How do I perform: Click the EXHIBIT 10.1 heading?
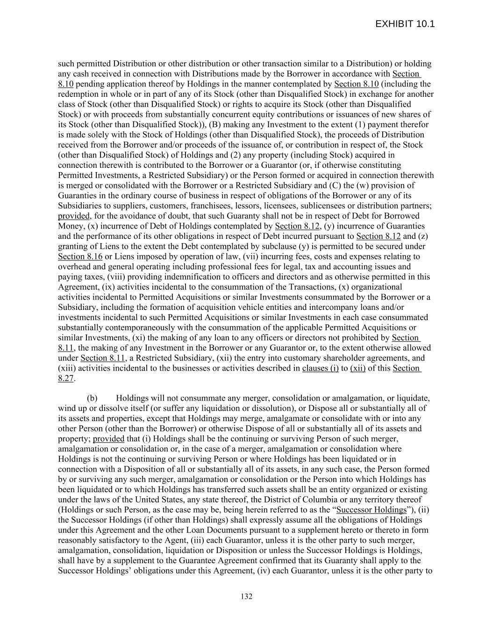[x=405, y=24]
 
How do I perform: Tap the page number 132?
[x=246, y=596]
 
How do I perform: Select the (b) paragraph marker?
[x=92, y=398]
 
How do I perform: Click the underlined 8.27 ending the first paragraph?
[x=66, y=378]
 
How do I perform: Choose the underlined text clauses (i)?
[x=321, y=368]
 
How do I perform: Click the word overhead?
[x=74, y=266]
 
